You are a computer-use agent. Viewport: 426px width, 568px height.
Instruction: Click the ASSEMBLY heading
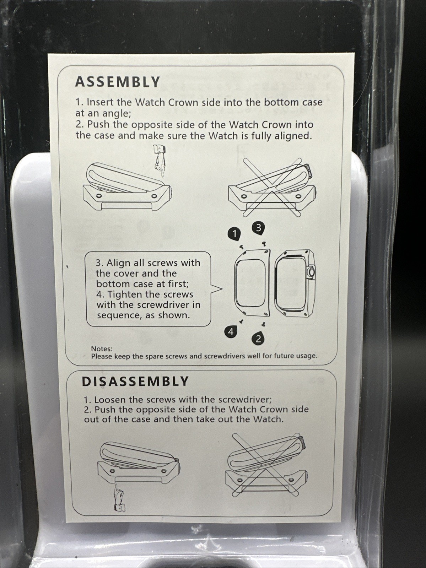(117, 82)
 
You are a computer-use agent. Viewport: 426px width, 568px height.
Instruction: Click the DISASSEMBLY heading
(135, 381)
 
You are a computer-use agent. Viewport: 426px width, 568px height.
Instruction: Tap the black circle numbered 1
(234, 234)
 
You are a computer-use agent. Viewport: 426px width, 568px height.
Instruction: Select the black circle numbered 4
(231, 331)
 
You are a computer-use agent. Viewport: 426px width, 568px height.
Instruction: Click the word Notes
(102, 348)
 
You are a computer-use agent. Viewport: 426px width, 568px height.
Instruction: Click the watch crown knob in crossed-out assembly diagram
(307, 171)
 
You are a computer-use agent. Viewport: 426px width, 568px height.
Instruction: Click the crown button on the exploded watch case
(311, 272)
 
